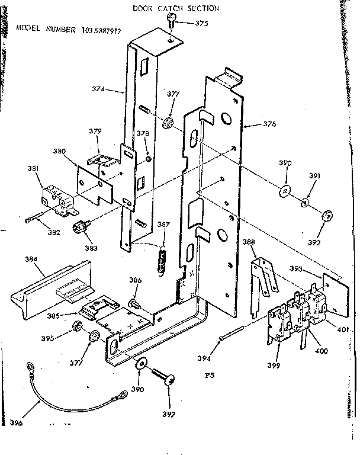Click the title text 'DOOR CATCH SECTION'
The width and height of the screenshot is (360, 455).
tap(167, 8)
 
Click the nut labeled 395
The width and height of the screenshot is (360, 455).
tap(76, 327)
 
